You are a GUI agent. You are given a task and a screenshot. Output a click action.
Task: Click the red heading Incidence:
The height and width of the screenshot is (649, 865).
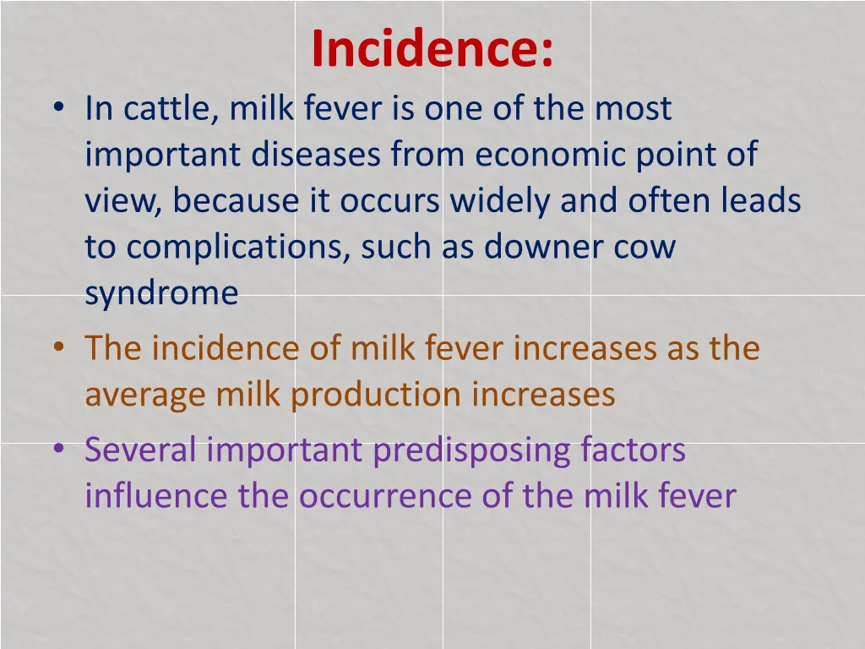point(432,49)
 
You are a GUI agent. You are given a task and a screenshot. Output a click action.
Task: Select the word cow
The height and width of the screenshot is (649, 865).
point(646,248)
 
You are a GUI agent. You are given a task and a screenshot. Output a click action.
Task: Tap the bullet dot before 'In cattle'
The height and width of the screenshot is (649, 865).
point(57,110)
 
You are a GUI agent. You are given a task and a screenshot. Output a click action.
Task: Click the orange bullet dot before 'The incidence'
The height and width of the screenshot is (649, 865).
point(57,348)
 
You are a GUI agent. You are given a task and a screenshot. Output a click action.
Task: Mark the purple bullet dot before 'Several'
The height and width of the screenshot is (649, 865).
point(57,450)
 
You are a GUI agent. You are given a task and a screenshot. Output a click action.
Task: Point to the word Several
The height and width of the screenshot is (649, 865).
point(140,450)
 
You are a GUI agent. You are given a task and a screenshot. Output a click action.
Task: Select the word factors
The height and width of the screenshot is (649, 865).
point(634,450)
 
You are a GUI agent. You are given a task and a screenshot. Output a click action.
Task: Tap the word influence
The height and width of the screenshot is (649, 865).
point(157,496)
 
